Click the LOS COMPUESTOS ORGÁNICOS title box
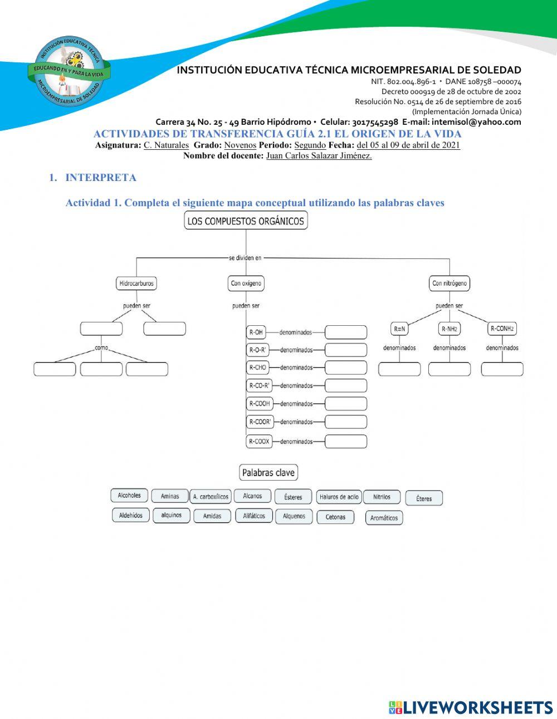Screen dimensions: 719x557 pos(246,221)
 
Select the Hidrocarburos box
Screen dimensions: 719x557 pos(136,283)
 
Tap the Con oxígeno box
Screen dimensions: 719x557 pos(246,283)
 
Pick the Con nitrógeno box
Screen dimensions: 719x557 pos(449,283)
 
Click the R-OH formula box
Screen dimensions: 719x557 pos(256,332)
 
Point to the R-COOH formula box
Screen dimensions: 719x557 pos(260,404)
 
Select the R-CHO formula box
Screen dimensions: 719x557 pos(258,368)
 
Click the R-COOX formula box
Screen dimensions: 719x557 pos(260,442)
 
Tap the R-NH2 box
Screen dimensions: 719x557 pos(449,329)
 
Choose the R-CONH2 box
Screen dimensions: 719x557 pos(502,329)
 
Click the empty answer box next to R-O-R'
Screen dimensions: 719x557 pos(346,350)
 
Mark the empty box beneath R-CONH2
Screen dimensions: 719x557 pos(502,369)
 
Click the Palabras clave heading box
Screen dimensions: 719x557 pos(268,473)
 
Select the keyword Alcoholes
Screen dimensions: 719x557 pos(129,496)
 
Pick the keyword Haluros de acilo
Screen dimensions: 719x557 pos(339,497)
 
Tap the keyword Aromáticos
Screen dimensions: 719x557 pos(384,518)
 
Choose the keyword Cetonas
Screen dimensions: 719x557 pos(335,517)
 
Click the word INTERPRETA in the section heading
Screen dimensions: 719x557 pos(101,178)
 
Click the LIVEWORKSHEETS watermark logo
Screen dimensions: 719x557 pos(471,707)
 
